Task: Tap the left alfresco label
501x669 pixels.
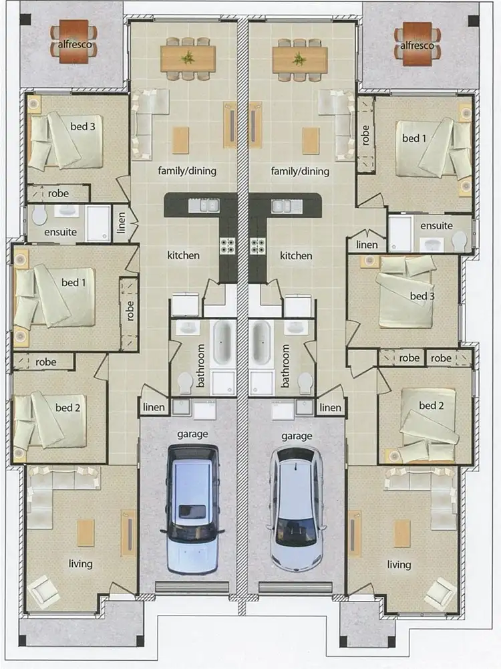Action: tap(73, 46)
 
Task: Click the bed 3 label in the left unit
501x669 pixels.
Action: tap(83, 126)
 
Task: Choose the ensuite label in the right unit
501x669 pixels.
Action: tap(437, 226)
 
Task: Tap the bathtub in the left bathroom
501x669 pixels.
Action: tap(222, 342)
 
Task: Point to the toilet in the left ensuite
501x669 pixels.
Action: tap(39, 215)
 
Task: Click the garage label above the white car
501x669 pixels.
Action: tap(296, 436)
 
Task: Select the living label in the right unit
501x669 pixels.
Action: tap(399, 565)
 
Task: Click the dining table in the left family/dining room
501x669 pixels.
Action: tap(188, 58)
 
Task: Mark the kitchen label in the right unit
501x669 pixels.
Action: tap(296, 255)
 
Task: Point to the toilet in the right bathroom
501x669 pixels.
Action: tap(305, 382)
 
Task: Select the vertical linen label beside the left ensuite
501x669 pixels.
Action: tap(121, 223)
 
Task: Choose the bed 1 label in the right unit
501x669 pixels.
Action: tap(414, 138)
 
